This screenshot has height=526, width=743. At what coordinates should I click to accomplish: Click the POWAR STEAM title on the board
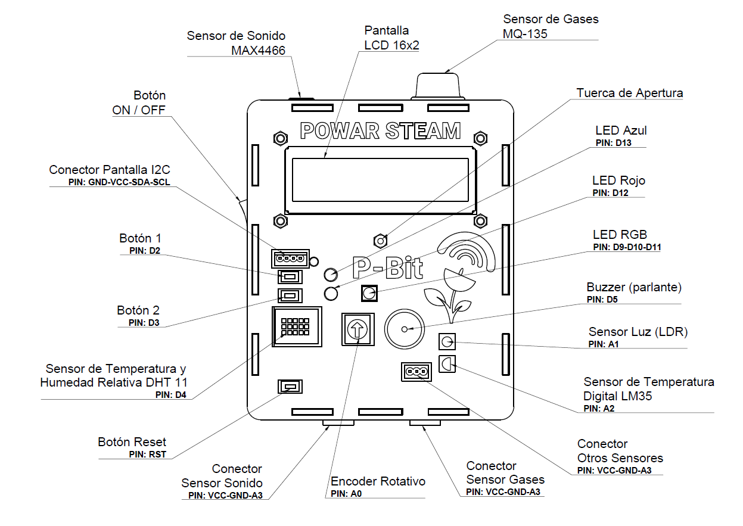coord(380,131)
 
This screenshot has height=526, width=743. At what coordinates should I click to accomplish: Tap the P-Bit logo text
coord(387,268)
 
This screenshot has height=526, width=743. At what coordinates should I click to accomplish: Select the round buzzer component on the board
coord(404,329)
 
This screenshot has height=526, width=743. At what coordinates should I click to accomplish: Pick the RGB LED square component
coord(369,293)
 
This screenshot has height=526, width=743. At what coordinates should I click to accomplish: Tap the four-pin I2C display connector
coord(290,259)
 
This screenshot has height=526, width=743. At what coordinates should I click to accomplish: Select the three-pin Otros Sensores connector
coord(416,372)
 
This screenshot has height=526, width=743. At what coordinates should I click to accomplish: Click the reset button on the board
coord(290,387)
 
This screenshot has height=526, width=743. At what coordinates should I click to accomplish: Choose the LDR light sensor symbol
coord(447,342)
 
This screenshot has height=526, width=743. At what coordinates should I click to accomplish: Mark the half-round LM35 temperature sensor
coord(446,363)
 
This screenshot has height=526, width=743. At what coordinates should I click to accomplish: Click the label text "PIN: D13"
coord(612,143)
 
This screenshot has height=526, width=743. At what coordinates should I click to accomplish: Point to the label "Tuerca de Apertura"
coord(630,94)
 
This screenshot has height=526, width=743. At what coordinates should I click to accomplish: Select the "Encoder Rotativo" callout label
coord(378,481)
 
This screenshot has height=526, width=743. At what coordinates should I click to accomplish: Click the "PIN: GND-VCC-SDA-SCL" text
coord(119,182)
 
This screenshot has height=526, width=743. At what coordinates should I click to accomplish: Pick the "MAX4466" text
coord(258,50)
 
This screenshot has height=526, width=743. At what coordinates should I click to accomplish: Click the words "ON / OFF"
coord(139,110)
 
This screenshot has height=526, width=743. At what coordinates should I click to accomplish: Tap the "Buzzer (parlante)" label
coord(634,287)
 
